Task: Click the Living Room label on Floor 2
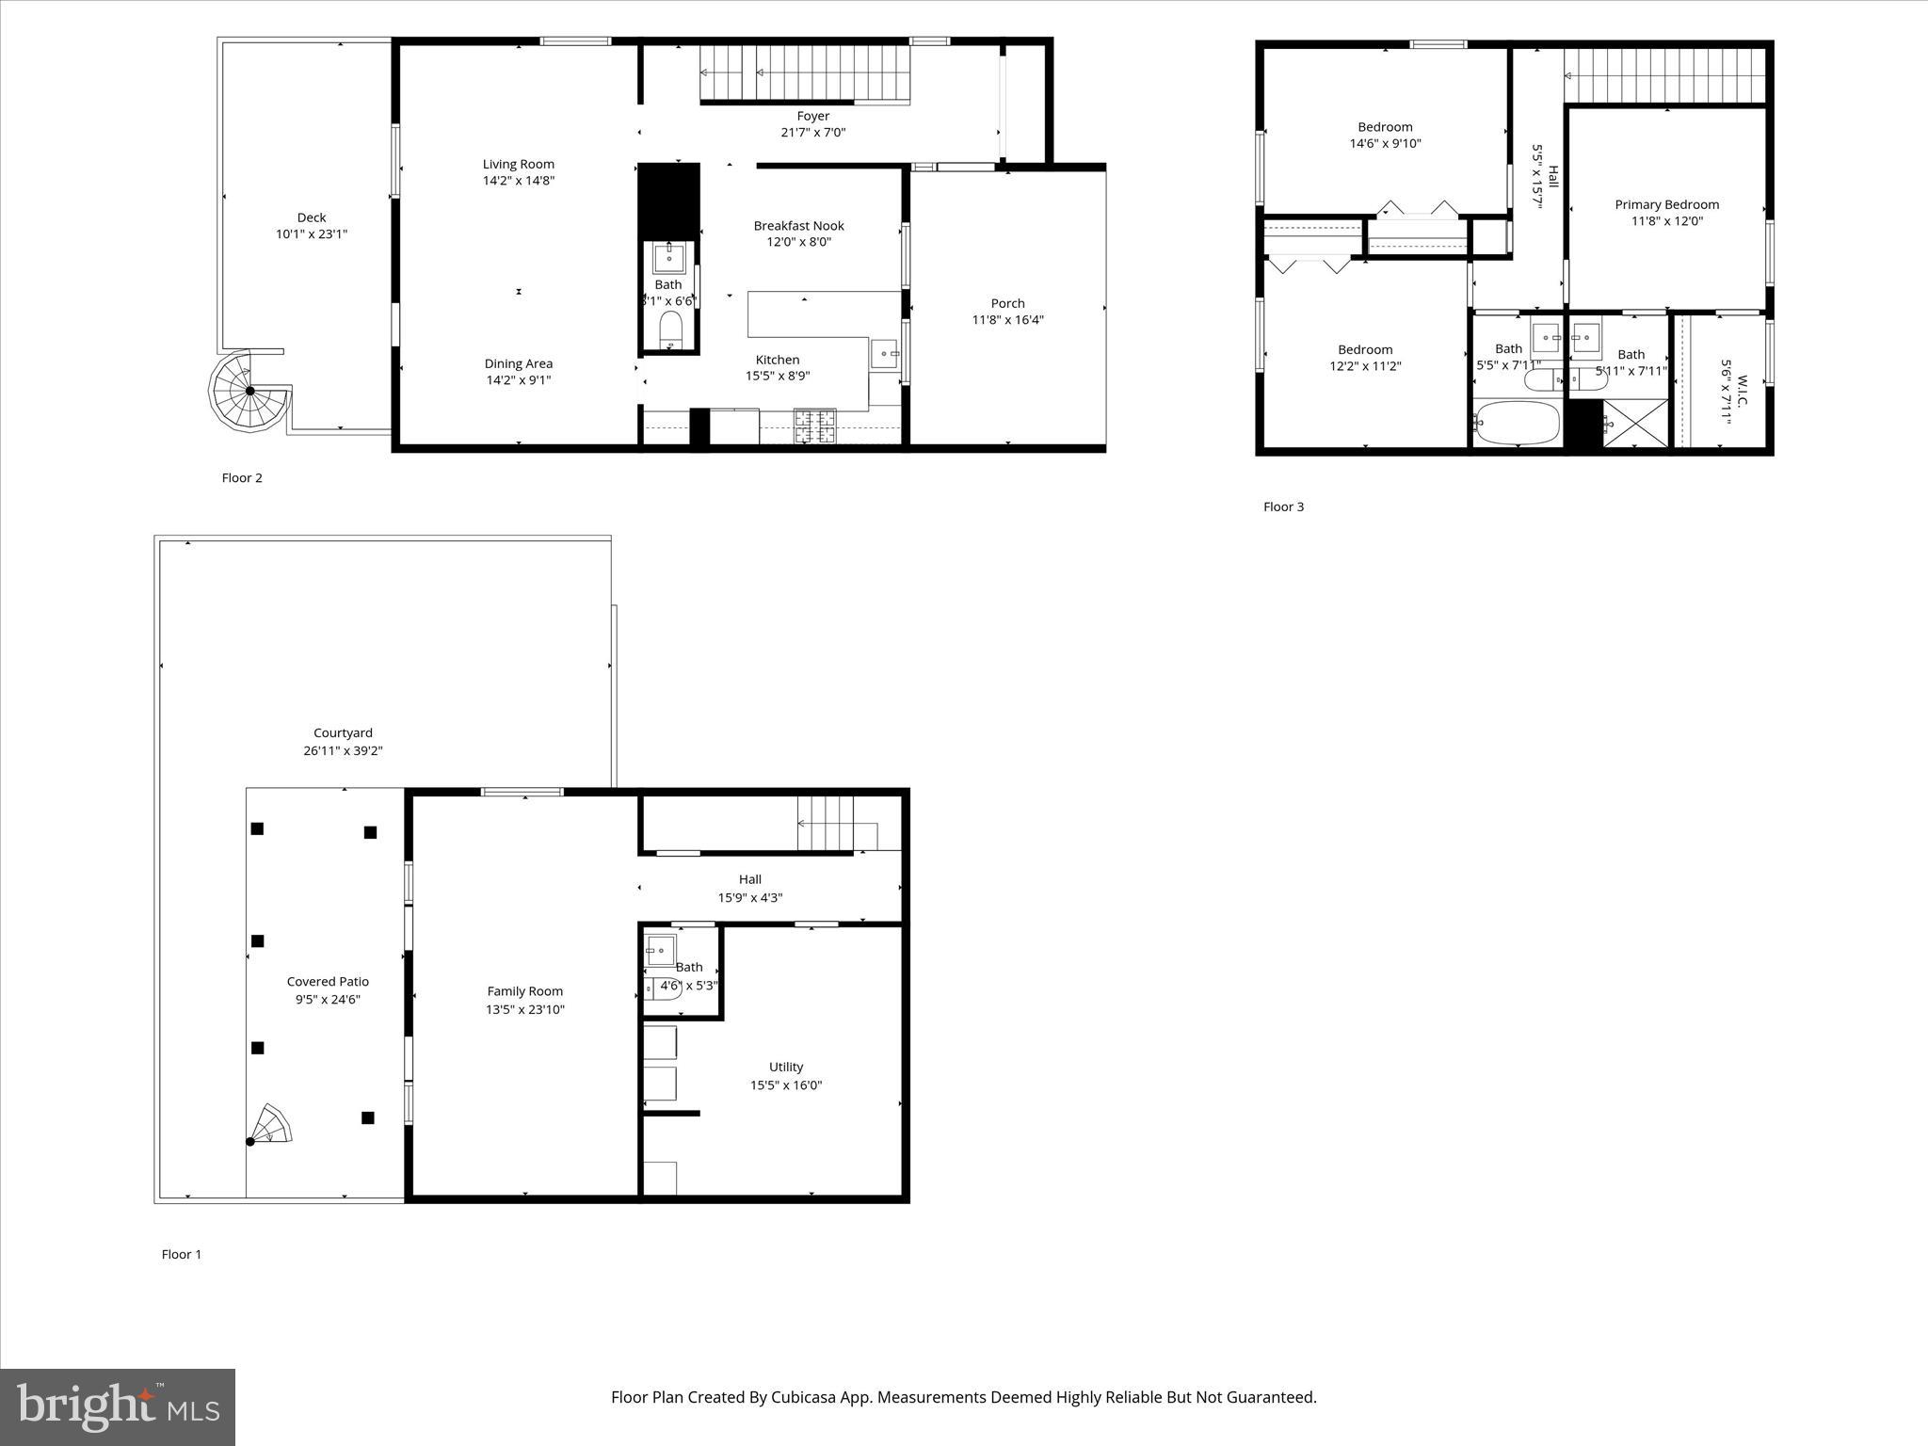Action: (519, 164)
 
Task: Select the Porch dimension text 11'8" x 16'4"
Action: (1007, 320)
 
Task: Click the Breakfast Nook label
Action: (798, 225)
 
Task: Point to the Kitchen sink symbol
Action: (884, 354)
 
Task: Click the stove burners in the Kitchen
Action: (814, 425)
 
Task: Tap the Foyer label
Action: (812, 116)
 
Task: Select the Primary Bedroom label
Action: (1666, 204)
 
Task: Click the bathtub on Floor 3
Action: (1515, 424)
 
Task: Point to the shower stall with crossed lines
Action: (1635, 423)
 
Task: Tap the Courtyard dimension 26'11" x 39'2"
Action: (343, 751)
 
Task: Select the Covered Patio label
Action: (328, 982)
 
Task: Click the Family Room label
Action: (524, 991)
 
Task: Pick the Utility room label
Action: (785, 1067)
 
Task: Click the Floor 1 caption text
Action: (182, 1254)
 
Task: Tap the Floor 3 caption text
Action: (1283, 506)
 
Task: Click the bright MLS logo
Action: (118, 1406)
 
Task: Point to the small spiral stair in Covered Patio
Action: (271, 1125)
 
